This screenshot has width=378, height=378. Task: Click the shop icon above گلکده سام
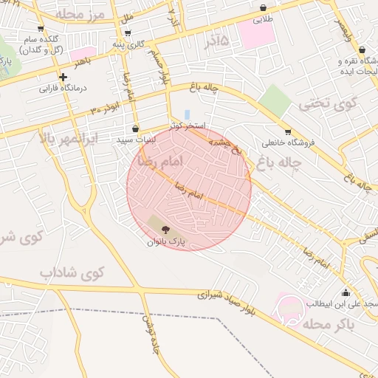(x=41, y=29)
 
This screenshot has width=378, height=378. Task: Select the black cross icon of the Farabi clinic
(x=63, y=77)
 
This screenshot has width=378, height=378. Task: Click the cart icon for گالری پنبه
(x=128, y=33)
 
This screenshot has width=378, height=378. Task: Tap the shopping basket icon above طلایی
(x=264, y=8)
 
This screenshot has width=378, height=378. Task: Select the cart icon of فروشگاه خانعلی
(x=288, y=131)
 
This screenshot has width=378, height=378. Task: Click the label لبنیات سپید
(x=136, y=139)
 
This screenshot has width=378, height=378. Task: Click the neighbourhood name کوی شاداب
(x=72, y=272)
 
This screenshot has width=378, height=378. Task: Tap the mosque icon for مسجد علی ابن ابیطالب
(x=346, y=292)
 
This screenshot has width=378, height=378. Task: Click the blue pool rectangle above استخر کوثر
(x=187, y=114)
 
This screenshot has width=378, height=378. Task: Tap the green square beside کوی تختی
(x=275, y=100)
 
